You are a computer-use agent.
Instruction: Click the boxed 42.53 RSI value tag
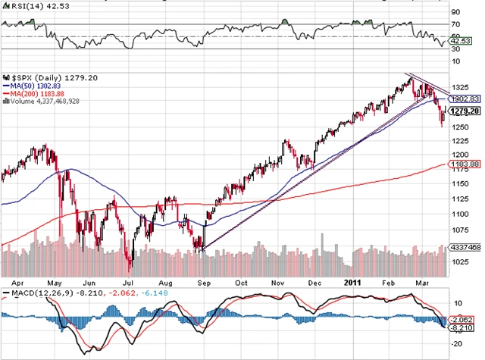[457, 42]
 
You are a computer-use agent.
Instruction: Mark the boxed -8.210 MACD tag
[458, 329]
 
